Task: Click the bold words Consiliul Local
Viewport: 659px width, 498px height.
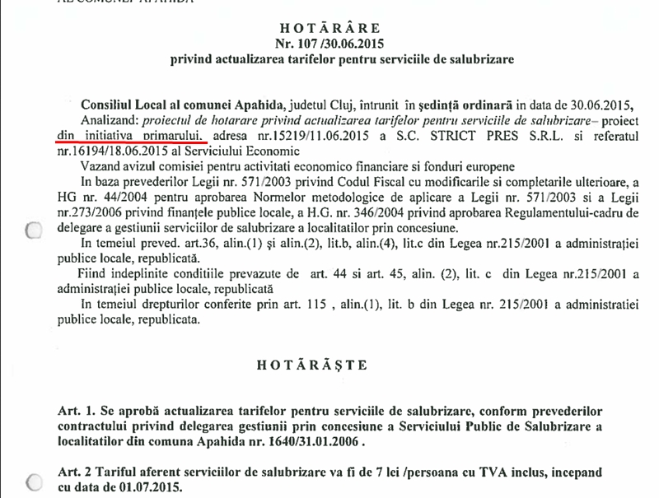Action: (129, 105)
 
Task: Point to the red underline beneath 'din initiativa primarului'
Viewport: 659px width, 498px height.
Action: (132, 141)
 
